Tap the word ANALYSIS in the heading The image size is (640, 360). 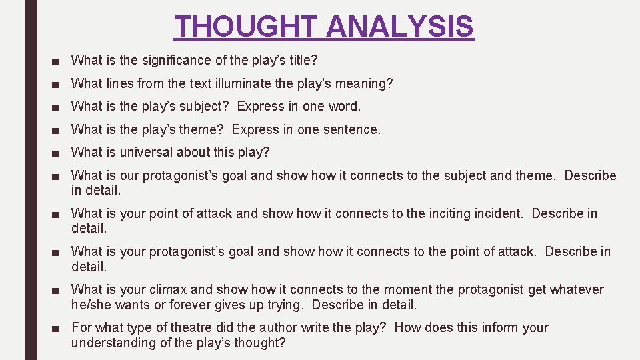tap(401, 27)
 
